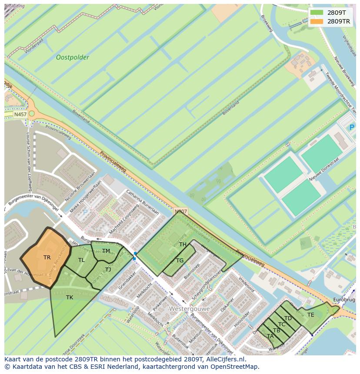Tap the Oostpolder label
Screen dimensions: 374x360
pyautogui.click(x=72, y=57)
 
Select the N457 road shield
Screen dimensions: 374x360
pyautogui.click(x=20, y=114)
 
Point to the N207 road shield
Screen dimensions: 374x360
pyautogui.click(x=180, y=212)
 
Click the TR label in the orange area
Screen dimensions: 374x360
pyautogui.click(x=47, y=257)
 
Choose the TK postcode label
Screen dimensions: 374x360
pyautogui.click(x=70, y=297)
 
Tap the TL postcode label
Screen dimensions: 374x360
pyautogui.click(x=81, y=260)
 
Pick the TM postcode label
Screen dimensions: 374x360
pyautogui.click(x=106, y=251)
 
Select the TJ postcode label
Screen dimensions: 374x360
pyautogui.click(x=108, y=269)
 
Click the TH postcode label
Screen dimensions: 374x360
pyautogui.click(x=183, y=245)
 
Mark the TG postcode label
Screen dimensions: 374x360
pyautogui.click(x=180, y=260)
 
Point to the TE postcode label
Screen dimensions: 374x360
pyautogui.click(x=310, y=314)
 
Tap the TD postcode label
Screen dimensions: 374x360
pyautogui.click(x=288, y=318)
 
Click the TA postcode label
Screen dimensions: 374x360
pyautogui.click(x=270, y=336)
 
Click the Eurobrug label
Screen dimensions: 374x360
pyautogui.click(x=344, y=300)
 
